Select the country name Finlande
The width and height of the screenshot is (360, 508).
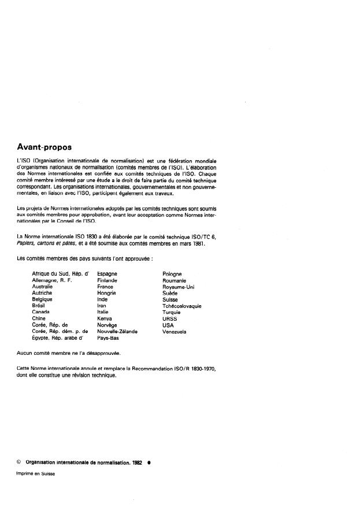point(107,280)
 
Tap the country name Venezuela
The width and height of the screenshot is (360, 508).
point(175,332)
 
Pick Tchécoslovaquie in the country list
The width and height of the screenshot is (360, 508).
point(182,306)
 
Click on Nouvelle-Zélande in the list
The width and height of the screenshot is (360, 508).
point(117,332)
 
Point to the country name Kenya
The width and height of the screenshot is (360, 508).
point(105,318)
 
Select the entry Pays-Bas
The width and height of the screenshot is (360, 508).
point(108,338)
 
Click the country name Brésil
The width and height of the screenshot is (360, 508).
point(40,306)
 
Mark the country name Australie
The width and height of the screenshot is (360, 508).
point(42,287)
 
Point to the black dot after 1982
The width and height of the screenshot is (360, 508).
point(149,462)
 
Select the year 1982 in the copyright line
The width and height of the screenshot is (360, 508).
point(137,462)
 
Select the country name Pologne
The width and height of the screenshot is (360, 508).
point(172,273)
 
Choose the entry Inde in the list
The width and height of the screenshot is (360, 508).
point(103,299)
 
